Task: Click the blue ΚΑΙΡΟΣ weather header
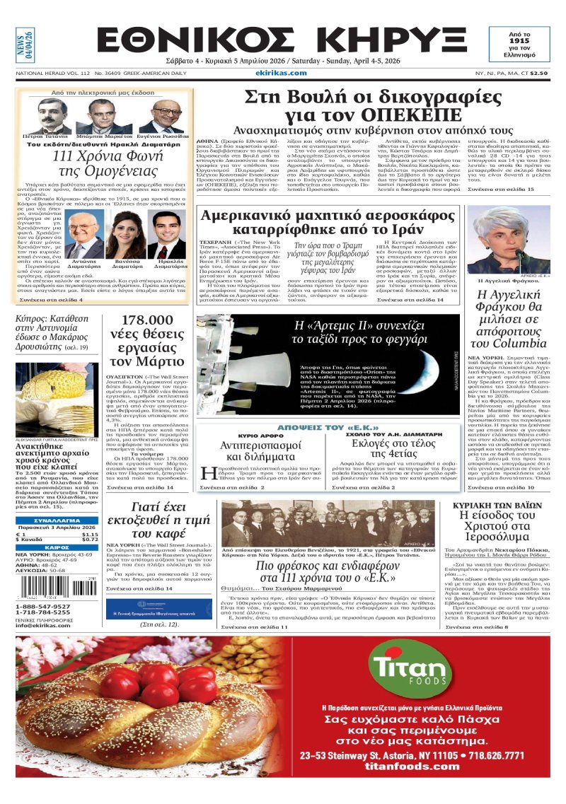pos(57,547)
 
